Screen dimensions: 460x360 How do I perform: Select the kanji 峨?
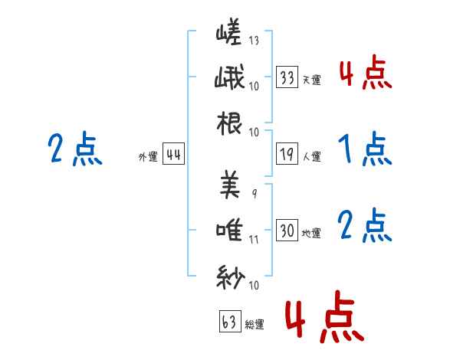point(229,77)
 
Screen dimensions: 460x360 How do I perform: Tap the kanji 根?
point(229,123)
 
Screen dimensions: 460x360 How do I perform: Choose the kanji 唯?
point(229,230)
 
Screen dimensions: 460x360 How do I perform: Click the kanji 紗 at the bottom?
point(231,277)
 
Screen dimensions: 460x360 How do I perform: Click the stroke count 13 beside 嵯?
point(254,40)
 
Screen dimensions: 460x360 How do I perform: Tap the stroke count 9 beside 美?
point(255,193)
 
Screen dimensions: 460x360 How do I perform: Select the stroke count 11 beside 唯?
point(254,240)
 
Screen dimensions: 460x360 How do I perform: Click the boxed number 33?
point(287,77)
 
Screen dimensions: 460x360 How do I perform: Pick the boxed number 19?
point(287,154)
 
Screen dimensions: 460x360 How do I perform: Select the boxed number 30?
point(287,230)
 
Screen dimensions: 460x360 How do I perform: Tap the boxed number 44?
point(173,154)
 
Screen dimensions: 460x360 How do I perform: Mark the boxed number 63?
point(230,321)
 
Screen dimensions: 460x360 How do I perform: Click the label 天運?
point(311,80)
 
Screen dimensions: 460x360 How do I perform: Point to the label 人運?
point(311,156)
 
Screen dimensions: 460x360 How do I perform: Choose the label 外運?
point(148,156)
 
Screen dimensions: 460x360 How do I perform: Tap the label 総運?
point(255,324)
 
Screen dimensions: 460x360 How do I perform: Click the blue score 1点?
point(365,149)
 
